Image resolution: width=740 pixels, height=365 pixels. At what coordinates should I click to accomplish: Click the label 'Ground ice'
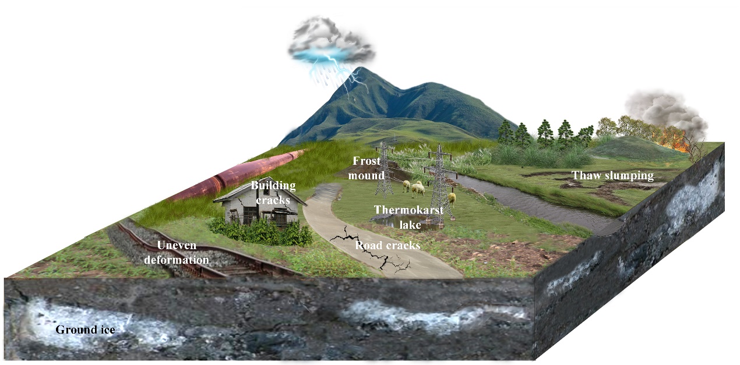click(85, 330)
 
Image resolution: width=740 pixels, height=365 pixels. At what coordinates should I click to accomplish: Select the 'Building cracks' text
click(273, 193)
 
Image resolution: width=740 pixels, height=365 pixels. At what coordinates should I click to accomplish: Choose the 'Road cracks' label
click(387, 246)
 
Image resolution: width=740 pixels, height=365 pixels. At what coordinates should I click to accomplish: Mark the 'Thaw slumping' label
click(612, 176)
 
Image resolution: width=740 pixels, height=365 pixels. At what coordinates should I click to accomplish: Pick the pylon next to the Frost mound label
click(384, 169)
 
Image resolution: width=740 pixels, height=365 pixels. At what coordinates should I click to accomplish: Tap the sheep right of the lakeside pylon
click(452, 197)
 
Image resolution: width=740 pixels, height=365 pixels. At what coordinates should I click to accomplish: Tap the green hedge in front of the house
click(262, 233)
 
